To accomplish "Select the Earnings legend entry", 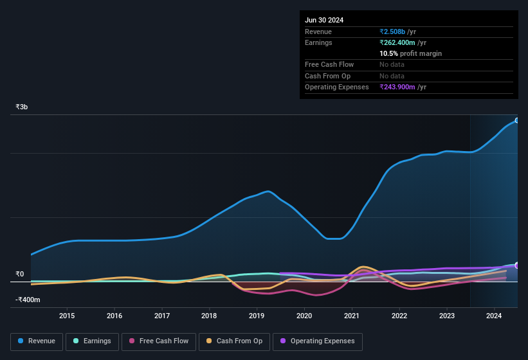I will pos(92,341).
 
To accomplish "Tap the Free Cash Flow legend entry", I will pos(159,341).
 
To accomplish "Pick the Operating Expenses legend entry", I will pos(318,341).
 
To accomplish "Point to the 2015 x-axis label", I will pos(67,316).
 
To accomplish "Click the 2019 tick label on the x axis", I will pos(257,316).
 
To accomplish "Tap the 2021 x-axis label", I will pos(352,316).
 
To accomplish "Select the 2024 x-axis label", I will pos(494,316).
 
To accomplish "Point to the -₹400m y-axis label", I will pos(28,300).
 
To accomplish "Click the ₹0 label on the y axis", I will pos(20,274).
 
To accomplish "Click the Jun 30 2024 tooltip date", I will pos(324,20).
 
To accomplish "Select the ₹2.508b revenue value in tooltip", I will pos(397,32).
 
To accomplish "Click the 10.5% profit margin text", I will pos(410,53).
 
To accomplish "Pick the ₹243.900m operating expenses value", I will pos(403,87).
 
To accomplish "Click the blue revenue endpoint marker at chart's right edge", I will pos(517,120).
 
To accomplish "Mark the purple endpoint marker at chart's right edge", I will pos(517,265).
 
